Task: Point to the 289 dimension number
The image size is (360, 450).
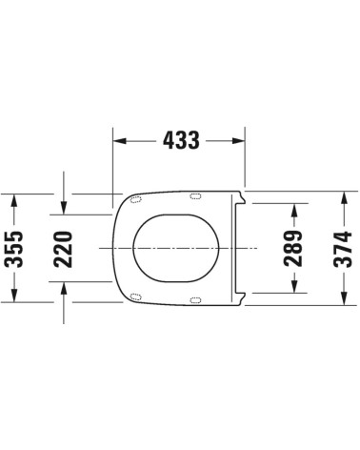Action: click(294, 247)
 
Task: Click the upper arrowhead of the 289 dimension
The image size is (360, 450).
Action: click(295, 210)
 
